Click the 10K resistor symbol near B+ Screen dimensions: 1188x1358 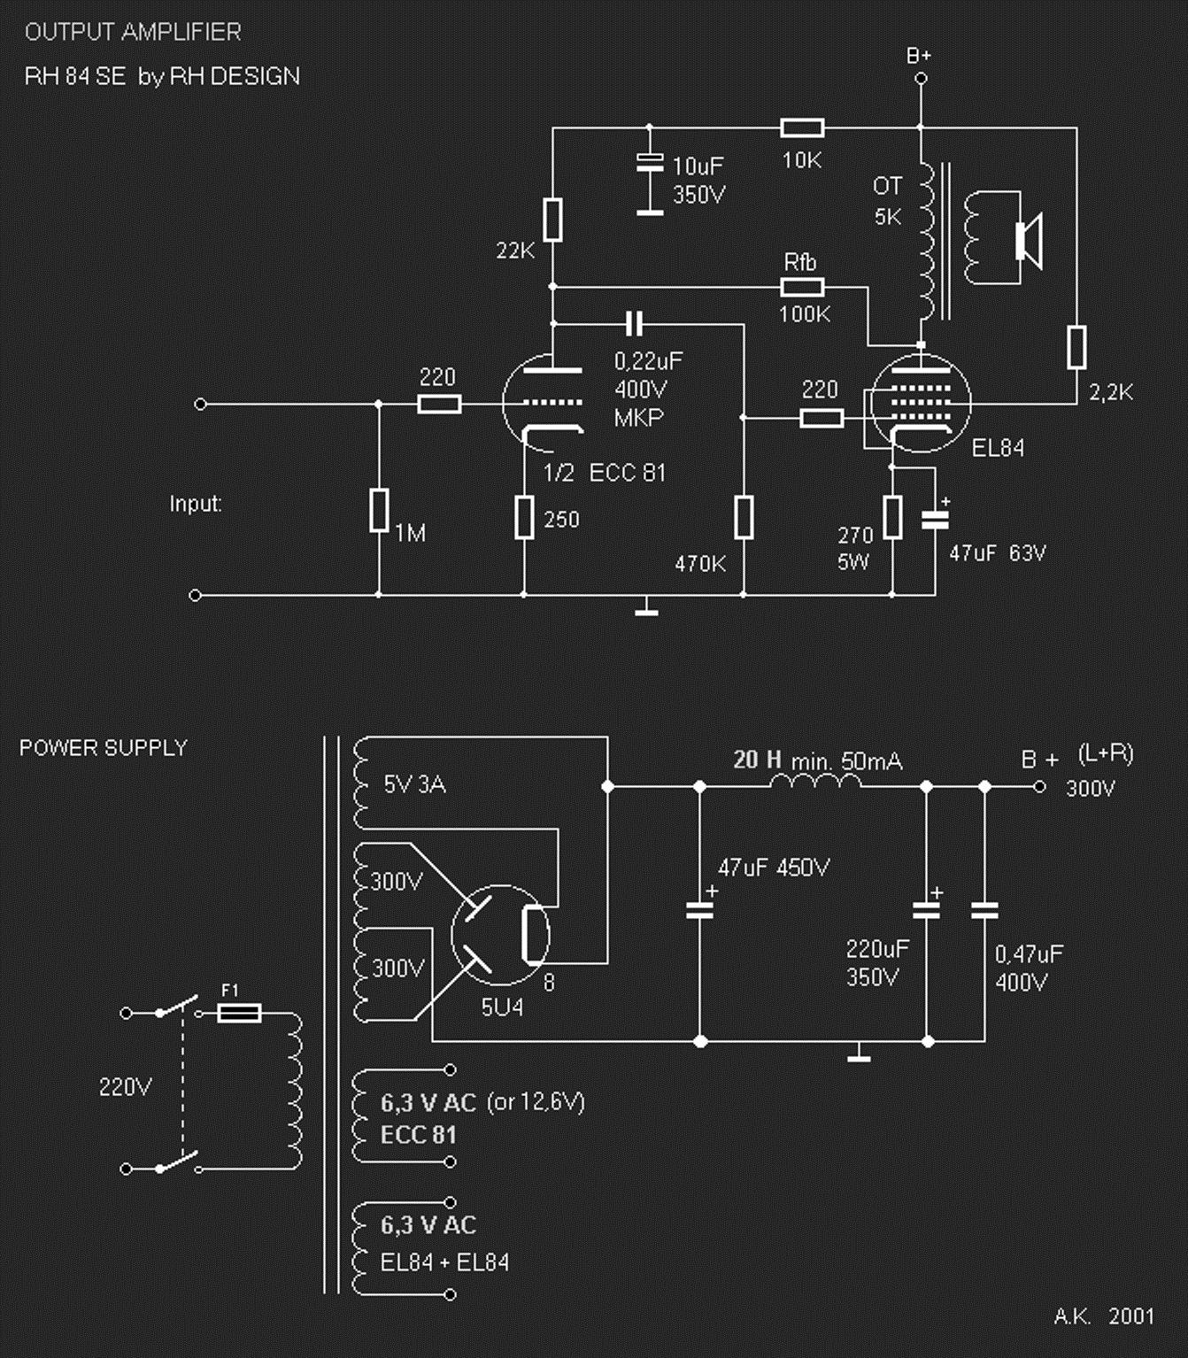(x=802, y=127)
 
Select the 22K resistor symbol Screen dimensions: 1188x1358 (x=552, y=219)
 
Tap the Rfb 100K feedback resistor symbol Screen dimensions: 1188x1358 (x=802, y=288)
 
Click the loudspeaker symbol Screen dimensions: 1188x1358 (x=1030, y=241)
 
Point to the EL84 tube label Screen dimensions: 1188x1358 (x=998, y=448)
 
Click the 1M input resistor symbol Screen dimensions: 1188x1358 (x=379, y=510)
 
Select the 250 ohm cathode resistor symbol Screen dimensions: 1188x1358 (x=524, y=516)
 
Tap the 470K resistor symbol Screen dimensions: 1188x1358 (x=744, y=516)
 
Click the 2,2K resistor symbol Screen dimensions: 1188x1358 (x=1076, y=347)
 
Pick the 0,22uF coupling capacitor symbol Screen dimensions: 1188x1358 (x=635, y=324)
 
